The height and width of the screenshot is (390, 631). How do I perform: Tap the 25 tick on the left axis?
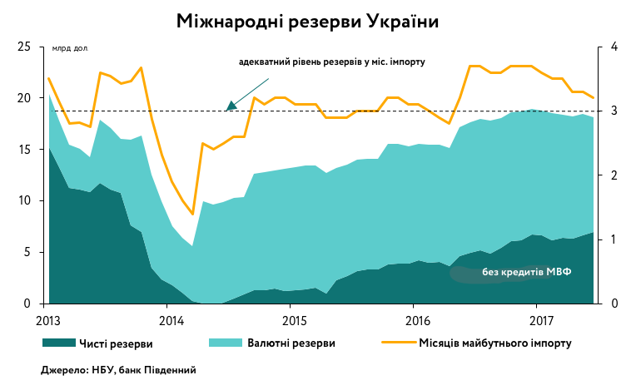pyautogui.click(x=25, y=47)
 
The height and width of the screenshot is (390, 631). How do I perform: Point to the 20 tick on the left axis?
pyautogui.click(x=25, y=98)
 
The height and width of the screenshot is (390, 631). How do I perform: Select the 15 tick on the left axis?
pyautogui.click(x=25, y=150)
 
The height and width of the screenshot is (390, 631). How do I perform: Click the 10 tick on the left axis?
pyautogui.click(x=25, y=201)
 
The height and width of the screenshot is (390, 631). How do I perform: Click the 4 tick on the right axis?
pyautogui.click(x=614, y=47)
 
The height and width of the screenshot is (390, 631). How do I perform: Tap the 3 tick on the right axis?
pyautogui.click(x=614, y=111)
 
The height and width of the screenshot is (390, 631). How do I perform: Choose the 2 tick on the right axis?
pyautogui.click(x=614, y=175)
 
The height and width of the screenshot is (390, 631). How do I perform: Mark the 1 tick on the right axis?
pyautogui.click(x=614, y=239)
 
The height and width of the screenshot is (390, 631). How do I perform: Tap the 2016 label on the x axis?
pyautogui.click(x=417, y=319)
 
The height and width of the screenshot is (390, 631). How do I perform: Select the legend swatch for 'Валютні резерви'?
pyautogui.click(x=223, y=342)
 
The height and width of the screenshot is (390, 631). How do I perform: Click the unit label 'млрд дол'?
pyautogui.click(x=70, y=49)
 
